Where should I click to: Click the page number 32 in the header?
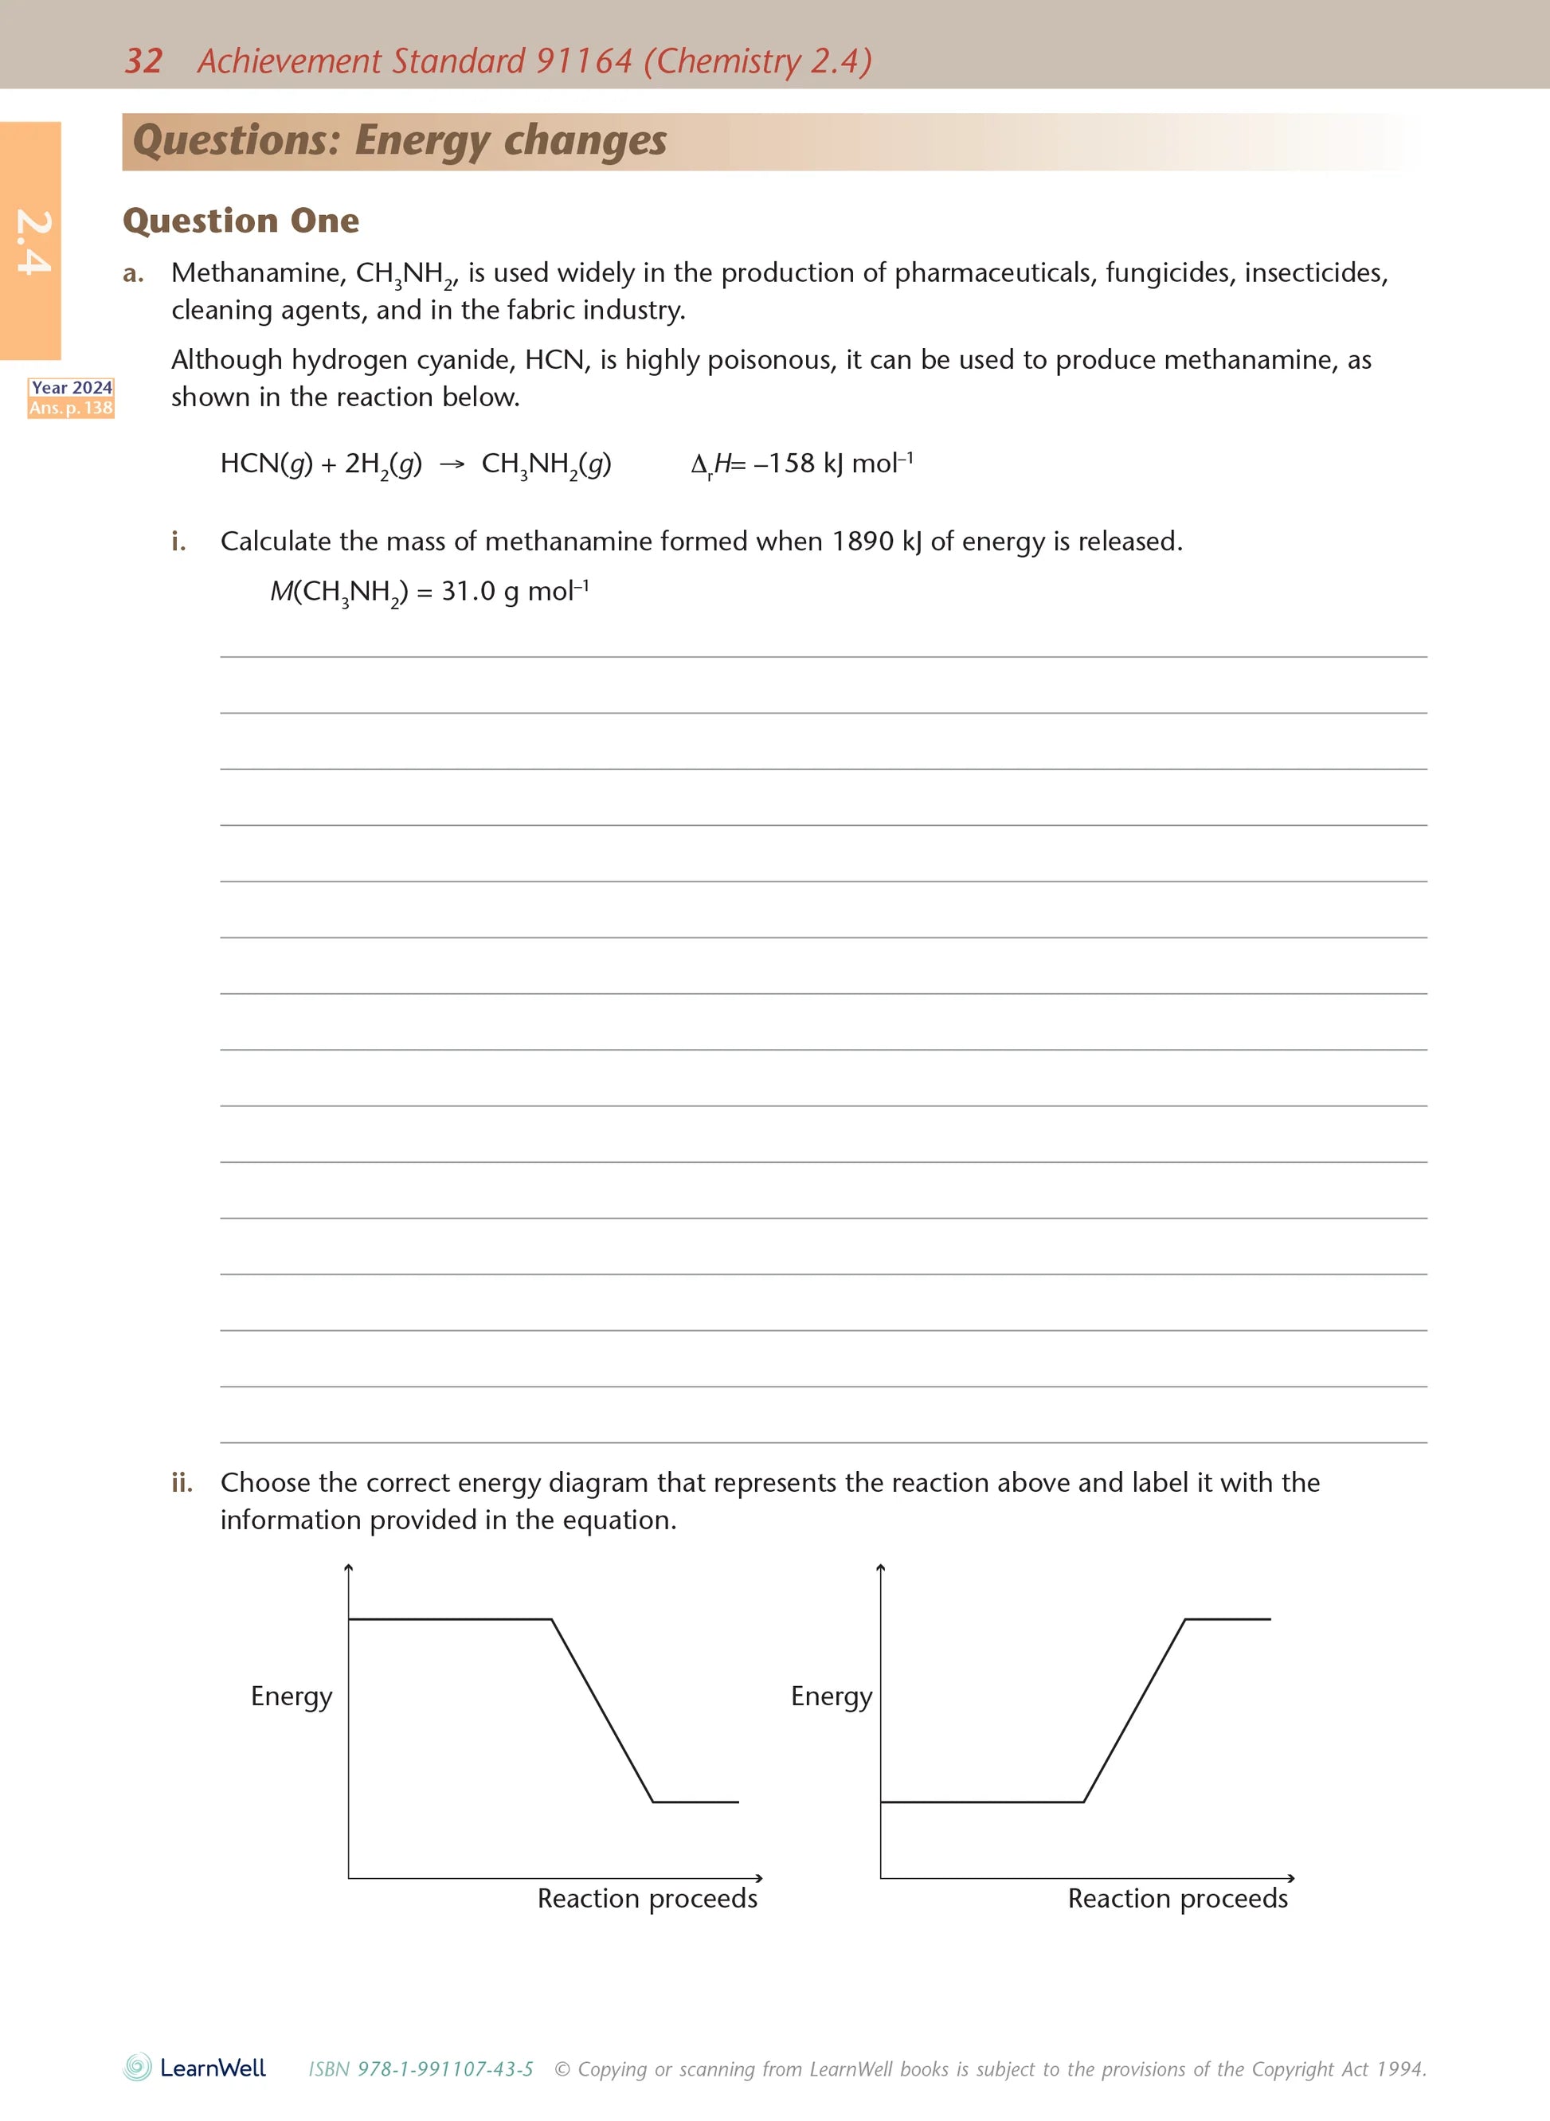(143, 61)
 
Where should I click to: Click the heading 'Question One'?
(241, 221)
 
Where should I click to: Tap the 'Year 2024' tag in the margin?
(72, 387)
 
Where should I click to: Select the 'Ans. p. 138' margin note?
(72, 408)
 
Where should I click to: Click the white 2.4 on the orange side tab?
(33, 242)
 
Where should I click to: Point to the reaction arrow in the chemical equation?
(452, 464)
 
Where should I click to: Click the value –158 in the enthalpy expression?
(785, 464)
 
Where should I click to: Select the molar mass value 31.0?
(468, 591)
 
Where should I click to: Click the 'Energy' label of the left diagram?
(292, 1696)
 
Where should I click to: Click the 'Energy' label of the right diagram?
(832, 1696)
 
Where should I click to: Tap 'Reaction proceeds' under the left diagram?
(648, 1898)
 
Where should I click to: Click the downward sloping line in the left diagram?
(602, 1710)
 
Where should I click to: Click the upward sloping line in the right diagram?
(1134, 1710)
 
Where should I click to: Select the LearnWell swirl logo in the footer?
(138, 2068)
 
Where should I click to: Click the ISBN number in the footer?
(421, 2068)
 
